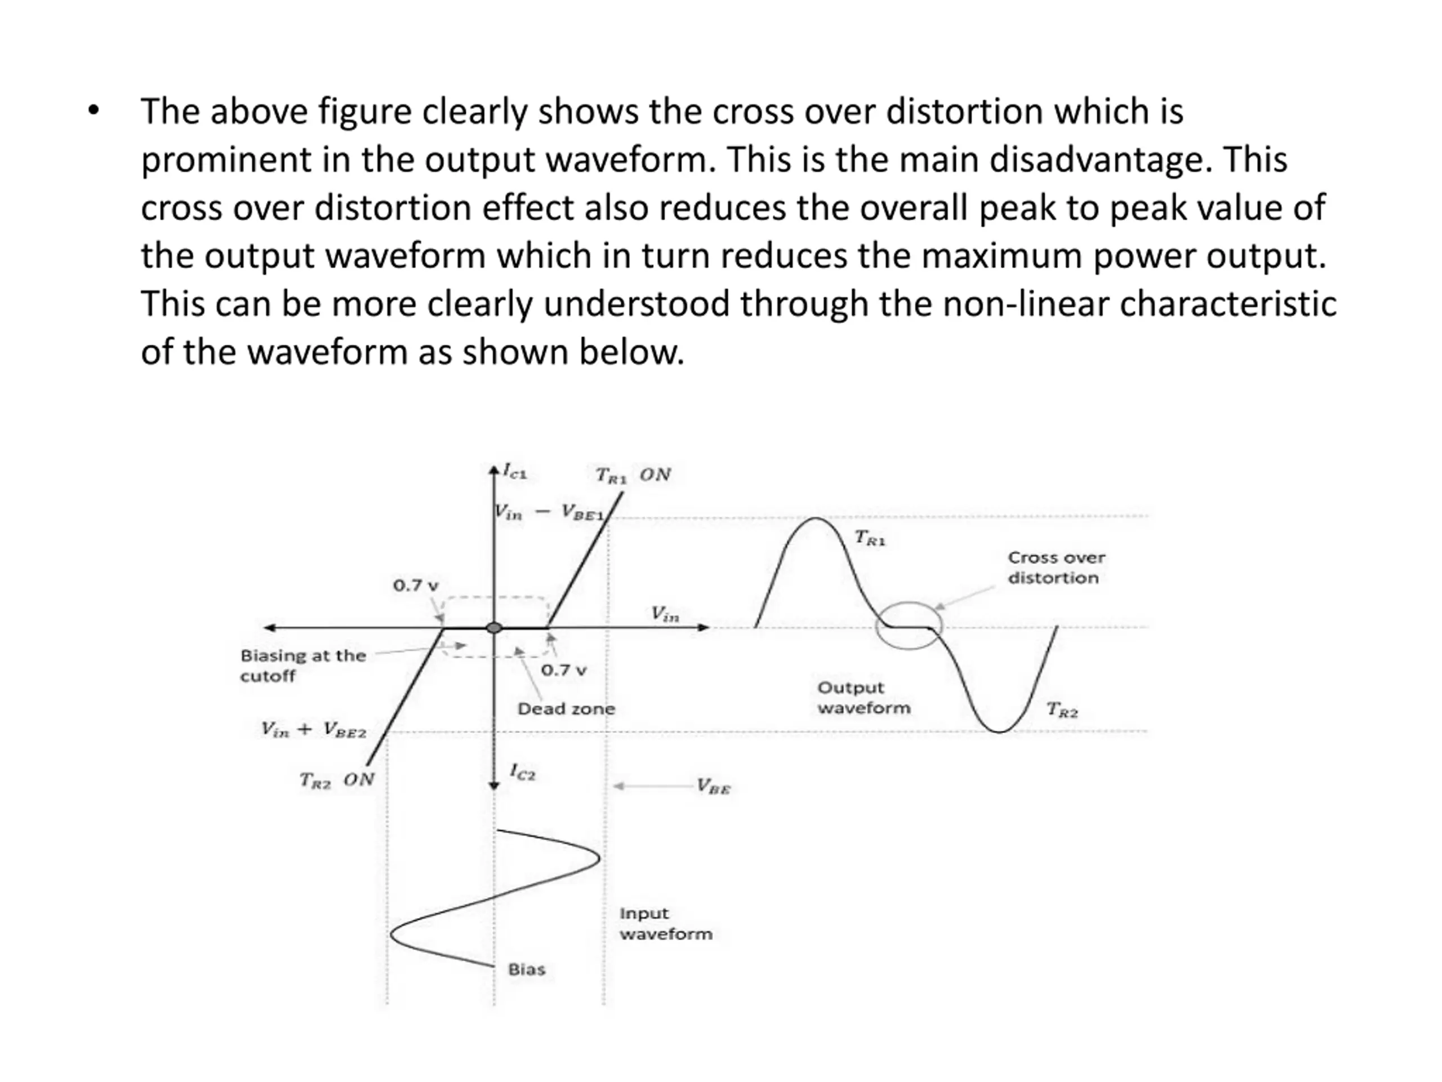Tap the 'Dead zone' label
(x=566, y=709)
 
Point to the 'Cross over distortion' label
(x=1056, y=567)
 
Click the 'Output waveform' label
(x=863, y=698)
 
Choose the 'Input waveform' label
(x=665, y=924)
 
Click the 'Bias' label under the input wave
(x=526, y=970)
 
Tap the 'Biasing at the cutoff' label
(x=302, y=665)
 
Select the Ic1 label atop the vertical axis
(x=515, y=471)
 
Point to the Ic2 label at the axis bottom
(x=522, y=772)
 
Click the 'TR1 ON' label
(x=633, y=475)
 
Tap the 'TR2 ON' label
(x=336, y=780)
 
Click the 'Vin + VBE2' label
(x=314, y=730)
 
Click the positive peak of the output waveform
(x=816, y=519)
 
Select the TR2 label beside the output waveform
(x=1062, y=709)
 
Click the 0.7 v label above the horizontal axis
(x=415, y=586)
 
